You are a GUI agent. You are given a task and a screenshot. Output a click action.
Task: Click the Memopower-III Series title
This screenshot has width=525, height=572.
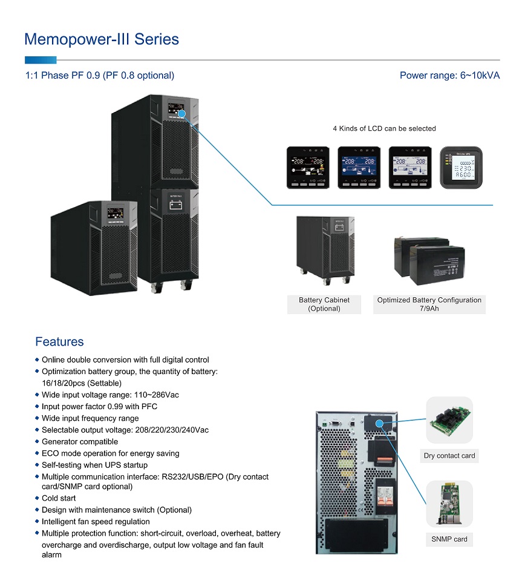coord(102,39)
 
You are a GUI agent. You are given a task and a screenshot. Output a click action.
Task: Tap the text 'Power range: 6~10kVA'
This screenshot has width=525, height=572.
coord(449,76)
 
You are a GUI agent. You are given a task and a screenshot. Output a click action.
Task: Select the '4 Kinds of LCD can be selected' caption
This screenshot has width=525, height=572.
coord(384,128)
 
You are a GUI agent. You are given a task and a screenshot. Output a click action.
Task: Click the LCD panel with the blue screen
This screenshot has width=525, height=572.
coord(359,168)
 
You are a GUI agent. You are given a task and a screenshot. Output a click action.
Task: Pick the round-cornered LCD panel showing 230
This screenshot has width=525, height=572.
coord(461,168)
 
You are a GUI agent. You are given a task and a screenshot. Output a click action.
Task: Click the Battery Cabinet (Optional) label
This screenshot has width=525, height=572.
coord(324,304)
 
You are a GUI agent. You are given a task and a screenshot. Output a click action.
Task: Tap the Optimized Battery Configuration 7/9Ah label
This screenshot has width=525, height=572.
coord(429,304)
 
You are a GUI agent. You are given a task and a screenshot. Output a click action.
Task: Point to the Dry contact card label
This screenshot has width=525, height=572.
coord(449,456)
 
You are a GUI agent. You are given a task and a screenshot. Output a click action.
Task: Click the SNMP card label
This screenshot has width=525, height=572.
coord(449,539)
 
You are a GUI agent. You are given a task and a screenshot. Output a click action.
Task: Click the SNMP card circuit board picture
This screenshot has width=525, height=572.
coord(449,504)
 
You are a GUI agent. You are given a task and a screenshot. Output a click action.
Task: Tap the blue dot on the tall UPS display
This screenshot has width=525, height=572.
coord(181,114)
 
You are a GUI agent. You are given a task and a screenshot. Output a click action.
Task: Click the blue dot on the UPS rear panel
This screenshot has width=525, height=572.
coord(379,424)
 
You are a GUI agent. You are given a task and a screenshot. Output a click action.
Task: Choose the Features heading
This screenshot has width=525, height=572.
coord(59,342)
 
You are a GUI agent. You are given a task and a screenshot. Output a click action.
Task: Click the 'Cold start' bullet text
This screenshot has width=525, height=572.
coord(59,498)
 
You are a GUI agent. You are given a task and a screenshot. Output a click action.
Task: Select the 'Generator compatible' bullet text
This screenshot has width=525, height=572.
coord(80,442)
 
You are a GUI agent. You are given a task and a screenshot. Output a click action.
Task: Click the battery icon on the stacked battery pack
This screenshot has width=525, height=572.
coord(175,205)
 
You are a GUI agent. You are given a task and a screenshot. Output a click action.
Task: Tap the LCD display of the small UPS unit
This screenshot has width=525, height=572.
coord(115,214)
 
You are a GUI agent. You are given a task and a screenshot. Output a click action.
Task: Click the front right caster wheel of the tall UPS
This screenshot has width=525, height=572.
coord(186,285)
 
